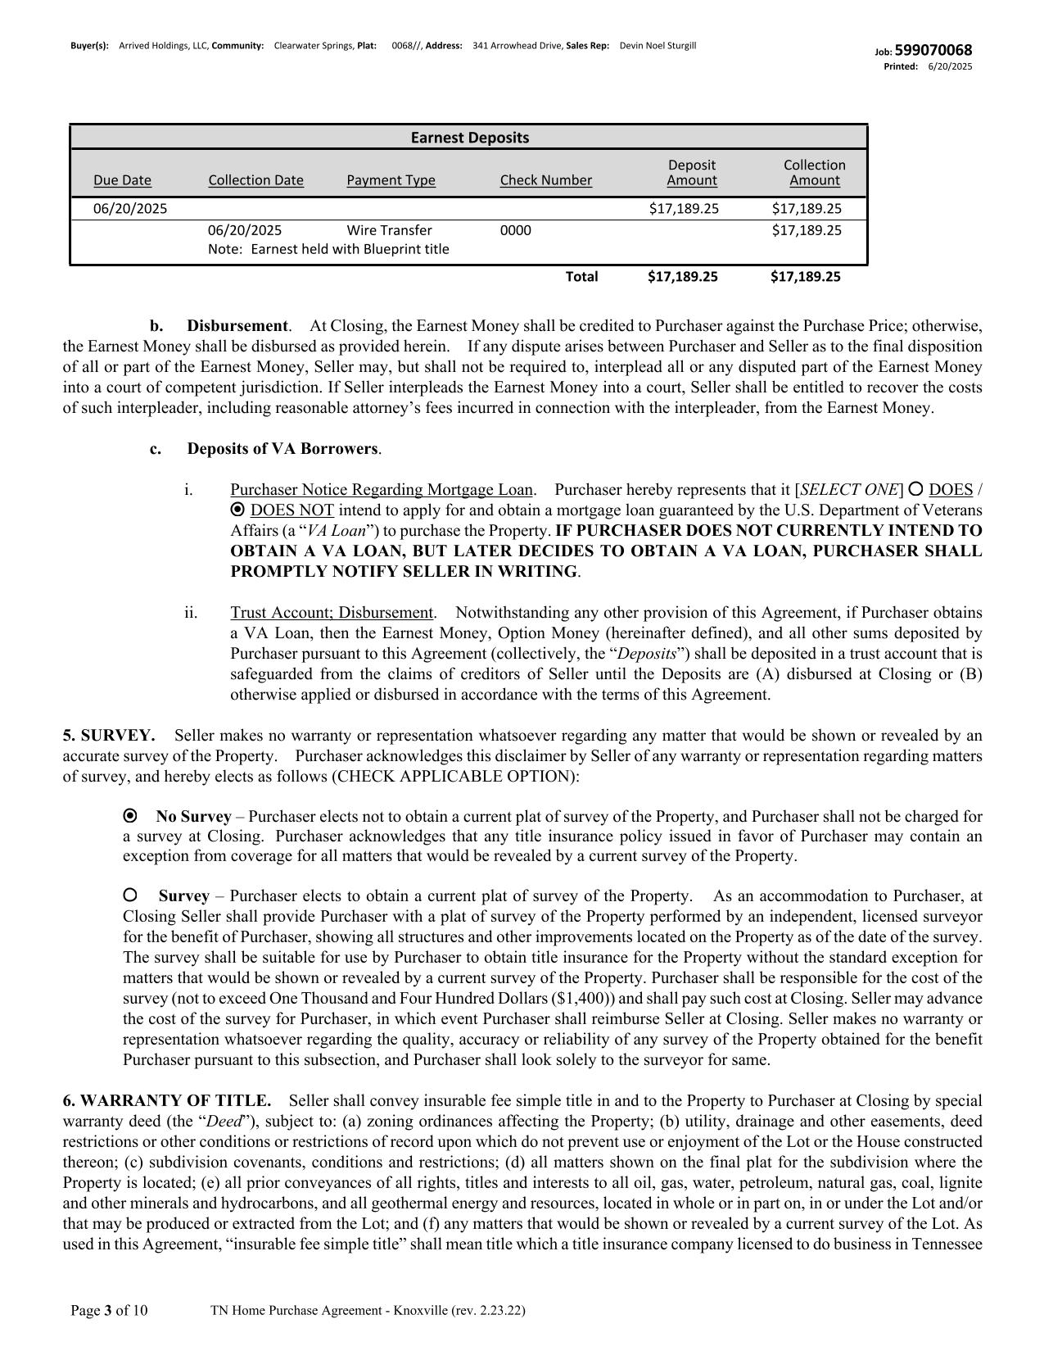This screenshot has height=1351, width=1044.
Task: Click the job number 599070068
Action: click(933, 51)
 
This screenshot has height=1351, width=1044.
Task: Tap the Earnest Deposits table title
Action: click(469, 138)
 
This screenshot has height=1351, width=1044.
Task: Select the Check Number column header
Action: click(545, 180)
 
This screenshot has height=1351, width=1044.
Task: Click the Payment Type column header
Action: click(391, 180)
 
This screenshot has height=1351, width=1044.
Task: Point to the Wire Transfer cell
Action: click(389, 230)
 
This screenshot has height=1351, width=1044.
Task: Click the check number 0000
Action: click(515, 230)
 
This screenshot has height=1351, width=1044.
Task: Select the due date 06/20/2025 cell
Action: click(130, 208)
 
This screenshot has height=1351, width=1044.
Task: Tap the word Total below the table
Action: click(581, 276)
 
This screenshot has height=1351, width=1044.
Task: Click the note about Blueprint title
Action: click(328, 249)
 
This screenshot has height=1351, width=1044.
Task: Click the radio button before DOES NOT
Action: click(238, 510)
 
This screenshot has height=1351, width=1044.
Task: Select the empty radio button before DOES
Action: click(916, 489)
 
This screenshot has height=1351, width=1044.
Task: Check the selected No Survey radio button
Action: click(129, 816)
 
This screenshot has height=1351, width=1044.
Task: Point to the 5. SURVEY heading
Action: click(108, 735)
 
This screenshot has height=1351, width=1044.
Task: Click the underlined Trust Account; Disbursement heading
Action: click(332, 612)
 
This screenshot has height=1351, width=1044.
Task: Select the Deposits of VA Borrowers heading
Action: click(283, 448)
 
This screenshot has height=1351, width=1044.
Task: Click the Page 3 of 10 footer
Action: click(109, 1310)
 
